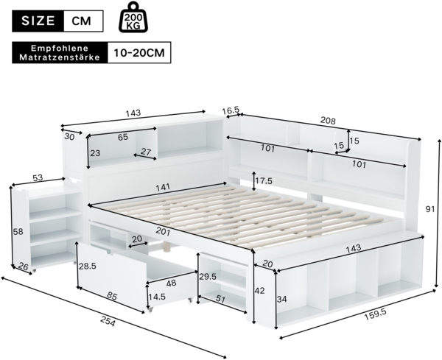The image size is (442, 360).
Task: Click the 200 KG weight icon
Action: [x=134, y=17]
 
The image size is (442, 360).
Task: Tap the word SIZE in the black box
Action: [x=38, y=21]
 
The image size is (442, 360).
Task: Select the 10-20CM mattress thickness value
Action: [x=139, y=53]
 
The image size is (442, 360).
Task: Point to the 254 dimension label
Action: [x=108, y=321]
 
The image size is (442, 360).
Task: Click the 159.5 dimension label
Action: [x=375, y=314]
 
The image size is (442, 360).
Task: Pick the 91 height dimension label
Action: [x=430, y=209]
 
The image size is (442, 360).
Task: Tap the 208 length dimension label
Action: [x=328, y=120]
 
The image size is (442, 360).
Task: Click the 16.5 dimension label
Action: [x=231, y=110]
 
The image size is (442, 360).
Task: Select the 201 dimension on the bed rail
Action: [x=163, y=232]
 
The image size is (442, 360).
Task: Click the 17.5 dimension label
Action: [x=264, y=181]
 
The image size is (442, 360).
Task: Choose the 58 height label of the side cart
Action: [x=18, y=232]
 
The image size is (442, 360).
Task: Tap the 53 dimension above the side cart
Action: [x=38, y=177]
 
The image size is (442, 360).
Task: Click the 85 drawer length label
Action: [x=112, y=296]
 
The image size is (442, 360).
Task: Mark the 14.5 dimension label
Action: [x=158, y=297]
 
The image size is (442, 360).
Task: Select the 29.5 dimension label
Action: [x=208, y=277]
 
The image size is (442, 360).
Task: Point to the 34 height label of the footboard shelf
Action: [x=281, y=299]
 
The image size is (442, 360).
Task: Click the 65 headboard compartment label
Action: [x=123, y=137]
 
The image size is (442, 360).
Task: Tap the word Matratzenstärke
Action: [x=60, y=57]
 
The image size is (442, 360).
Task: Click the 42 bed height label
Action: [x=259, y=290]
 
